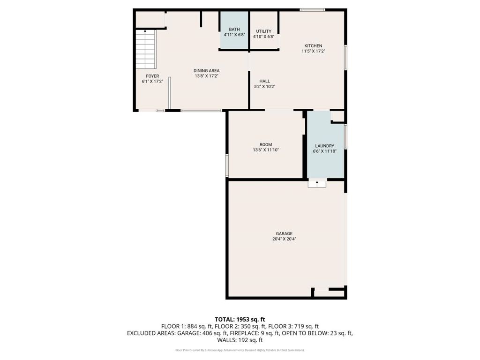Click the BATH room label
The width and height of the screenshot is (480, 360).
pyautogui.click(x=234, y=29)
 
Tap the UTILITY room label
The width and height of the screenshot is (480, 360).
pyautogui.click(x=263, y=31)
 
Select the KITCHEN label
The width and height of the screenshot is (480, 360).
pyautogui.click(x=313, y=45)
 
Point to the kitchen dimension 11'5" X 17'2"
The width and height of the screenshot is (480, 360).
pyautogui.click(x=313, y=51)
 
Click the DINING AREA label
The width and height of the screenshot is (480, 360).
pyautogui.click(x=206, y=71)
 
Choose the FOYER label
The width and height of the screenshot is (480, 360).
pyautogui.click(x=152, y=76)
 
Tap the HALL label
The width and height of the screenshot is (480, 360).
pyautogui.click(x=264, y=81)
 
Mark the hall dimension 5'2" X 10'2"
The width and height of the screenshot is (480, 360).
pyautogui.click(x=264, y=87)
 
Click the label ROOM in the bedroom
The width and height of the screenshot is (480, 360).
pyautogui.click(x=266, y=145)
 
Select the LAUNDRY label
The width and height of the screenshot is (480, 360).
pyautogui.click(x=324, y=146)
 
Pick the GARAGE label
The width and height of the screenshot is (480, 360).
pyautogui.click(x=284, y=233)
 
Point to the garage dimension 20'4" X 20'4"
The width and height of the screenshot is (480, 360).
pyautogui.click(x=284, y=239)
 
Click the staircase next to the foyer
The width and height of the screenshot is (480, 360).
pyautogui.click(x=146, y=49)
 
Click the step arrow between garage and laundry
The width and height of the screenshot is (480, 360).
pyautogui.click(x=317, y=183)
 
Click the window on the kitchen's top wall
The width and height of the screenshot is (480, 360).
pyautogui.click(x=312, y=9)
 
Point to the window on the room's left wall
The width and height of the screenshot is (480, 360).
pyautogui.click(x=227, y=165)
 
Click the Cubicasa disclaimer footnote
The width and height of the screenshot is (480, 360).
pyautogui.click(x=240, y=350)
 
